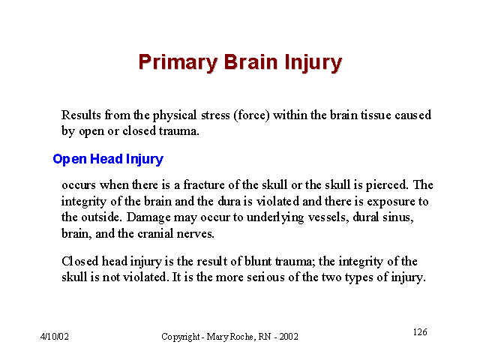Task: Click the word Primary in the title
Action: point(178,63)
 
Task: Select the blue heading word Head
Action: point(106,159)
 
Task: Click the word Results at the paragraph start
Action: point(81,115)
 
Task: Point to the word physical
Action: point(175,115)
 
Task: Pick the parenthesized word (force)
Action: point(251,115)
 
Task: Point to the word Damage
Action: point(148,217)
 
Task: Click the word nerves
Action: point(195,234)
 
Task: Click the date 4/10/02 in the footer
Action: point(55,337)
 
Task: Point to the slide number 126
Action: point(420,331)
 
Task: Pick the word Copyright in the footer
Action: point(181,337)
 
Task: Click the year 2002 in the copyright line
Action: point(289,337)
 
